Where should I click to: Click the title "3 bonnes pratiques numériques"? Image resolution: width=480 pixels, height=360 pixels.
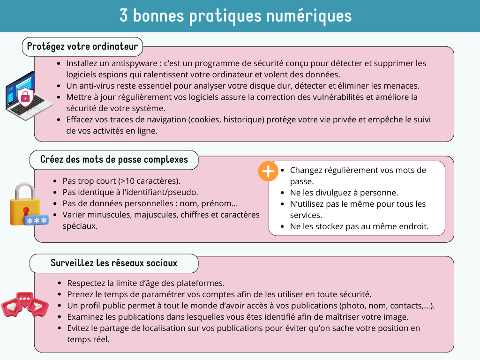235,16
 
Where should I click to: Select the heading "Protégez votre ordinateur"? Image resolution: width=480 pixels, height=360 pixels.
82,46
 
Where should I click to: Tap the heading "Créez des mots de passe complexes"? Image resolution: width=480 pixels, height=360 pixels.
114,159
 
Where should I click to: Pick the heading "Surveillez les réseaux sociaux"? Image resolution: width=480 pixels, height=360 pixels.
114,263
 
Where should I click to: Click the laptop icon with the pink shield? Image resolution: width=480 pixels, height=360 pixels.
26,96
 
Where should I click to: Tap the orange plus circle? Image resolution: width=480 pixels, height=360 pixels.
268,172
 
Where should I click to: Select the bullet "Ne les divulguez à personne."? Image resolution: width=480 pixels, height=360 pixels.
344,193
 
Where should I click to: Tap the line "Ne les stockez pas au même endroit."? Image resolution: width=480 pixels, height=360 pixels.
359,226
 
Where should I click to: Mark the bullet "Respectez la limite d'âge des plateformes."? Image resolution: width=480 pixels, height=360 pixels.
146,283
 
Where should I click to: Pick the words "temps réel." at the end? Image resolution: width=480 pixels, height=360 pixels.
88,339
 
